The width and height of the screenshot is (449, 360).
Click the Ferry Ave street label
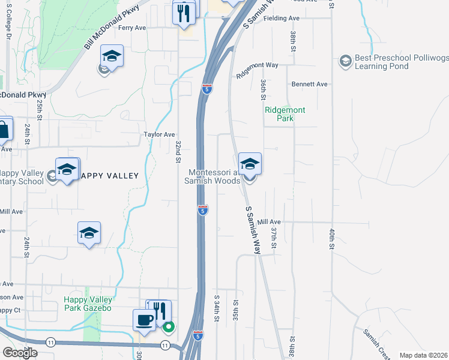[x=132, y=28]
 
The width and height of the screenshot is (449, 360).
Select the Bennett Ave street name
[x=310, y=85]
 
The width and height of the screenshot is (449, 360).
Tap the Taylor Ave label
[x=159, y=135]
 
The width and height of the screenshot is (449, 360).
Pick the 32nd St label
[x=178, y=152]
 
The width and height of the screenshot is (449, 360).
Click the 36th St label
[x=263, y=89]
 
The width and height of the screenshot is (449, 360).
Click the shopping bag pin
[x=3, y=128]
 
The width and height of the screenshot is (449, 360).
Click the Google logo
[x=20, y=352]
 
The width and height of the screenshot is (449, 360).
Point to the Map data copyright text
[x=423, y=355]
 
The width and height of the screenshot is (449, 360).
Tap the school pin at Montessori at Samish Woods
[x=250, y=164]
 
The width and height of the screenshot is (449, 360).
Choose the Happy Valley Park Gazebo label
[x=88, y=304]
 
